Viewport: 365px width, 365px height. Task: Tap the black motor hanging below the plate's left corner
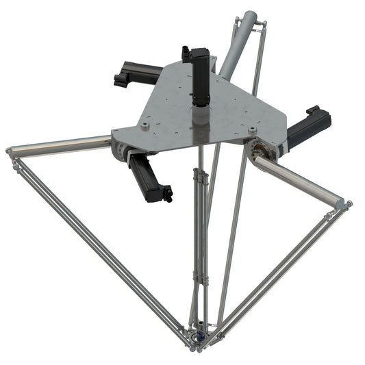(151, 178)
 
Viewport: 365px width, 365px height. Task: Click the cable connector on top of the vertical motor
(186, 53)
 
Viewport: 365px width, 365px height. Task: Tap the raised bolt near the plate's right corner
(253, 129)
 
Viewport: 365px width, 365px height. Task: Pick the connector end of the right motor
(317, 113)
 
